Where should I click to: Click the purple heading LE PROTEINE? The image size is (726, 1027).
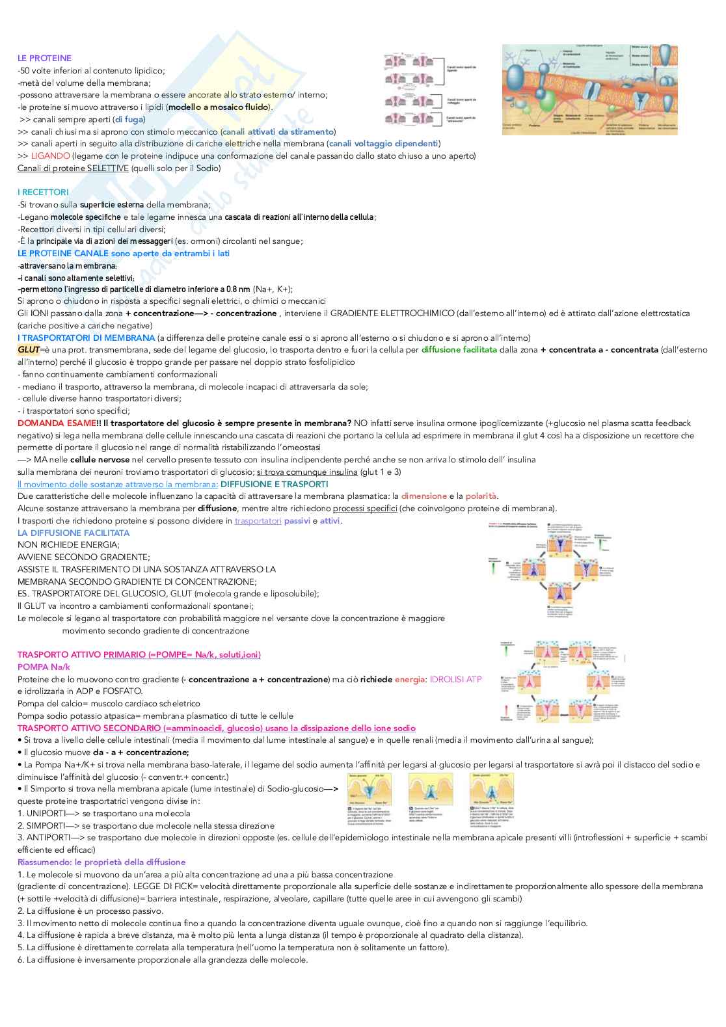click(44, 58)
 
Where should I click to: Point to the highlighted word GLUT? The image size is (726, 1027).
click(29, 350)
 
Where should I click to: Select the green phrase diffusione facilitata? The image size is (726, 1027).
click(459, 350)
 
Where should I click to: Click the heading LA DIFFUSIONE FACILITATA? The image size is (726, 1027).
click(74, 533)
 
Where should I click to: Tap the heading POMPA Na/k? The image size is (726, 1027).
click(44, 667)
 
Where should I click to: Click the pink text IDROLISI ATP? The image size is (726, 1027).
click(455, 680)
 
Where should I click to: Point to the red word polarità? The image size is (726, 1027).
click(481, 496)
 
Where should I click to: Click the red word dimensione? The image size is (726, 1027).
click(423, 496)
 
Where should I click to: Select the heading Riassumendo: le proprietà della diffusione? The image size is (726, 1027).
click(101, 862)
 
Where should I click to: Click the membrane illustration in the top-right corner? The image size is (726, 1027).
click(589, 89)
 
